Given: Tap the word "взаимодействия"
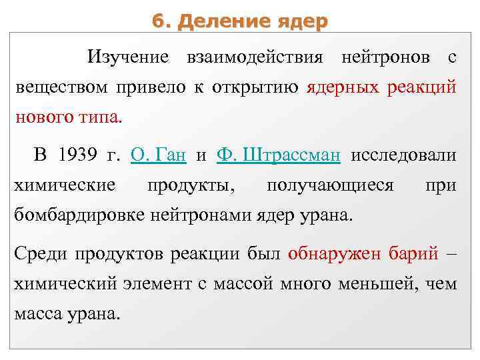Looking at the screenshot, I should (257, 58).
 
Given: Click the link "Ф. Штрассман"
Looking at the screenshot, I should (279, 155).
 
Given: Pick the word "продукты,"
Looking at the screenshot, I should (191, 185).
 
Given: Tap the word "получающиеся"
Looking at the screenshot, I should (330, 185).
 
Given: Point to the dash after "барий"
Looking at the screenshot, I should (451, 254).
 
